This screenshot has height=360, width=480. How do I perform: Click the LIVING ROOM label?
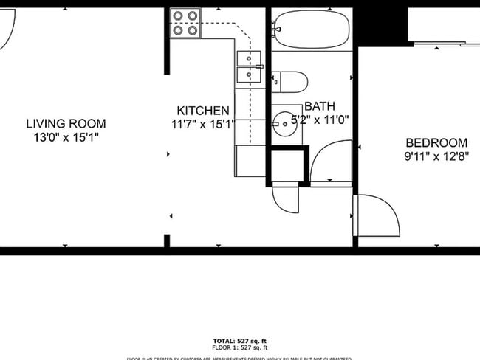coord(66,123)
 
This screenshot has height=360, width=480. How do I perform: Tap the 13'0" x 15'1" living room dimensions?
coord(66,137)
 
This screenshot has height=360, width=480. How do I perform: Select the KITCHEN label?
coord(197,111)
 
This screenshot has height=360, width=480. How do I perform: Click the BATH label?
coord(319,106)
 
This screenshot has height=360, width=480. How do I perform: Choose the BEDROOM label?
coord(436,142)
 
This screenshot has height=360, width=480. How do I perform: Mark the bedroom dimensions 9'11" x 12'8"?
coord(436,156)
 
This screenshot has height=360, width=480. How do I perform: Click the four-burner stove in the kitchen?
coord(186,23)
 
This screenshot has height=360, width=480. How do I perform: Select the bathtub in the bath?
coord(310,29)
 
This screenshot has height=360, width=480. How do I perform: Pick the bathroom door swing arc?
coord(330,162)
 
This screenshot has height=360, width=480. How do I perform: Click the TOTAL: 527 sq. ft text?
coord(239,340)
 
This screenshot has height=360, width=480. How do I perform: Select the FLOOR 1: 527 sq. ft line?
coord(239,347)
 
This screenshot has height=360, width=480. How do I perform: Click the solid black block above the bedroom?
coord(381,22)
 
